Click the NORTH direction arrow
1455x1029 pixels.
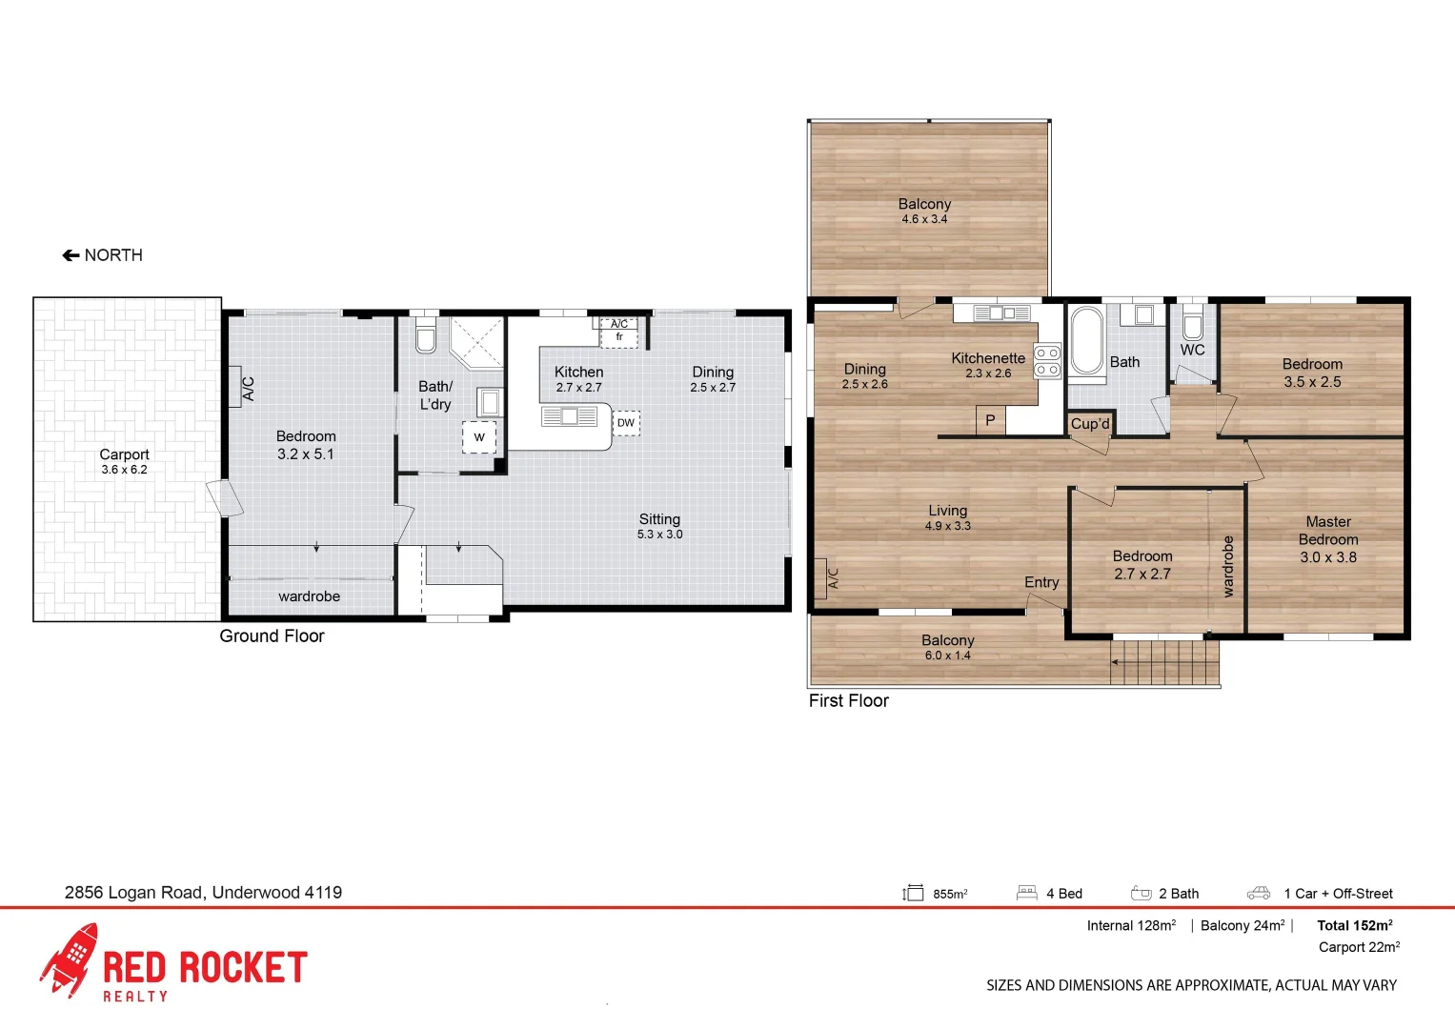71,255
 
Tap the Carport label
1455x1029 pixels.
124,454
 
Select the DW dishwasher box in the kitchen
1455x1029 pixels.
626,423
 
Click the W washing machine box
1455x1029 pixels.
479,437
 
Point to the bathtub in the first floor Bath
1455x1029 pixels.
1086,340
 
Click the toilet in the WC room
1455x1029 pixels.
1192,326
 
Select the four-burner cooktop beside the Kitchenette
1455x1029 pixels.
1047,361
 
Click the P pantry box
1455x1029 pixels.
990,420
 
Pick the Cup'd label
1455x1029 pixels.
1090,424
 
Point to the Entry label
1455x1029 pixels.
1041,582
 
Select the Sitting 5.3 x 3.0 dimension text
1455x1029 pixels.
659,535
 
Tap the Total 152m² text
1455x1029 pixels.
1354,925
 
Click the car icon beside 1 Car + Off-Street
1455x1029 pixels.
1259,894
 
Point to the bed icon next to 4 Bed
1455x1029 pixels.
1026,893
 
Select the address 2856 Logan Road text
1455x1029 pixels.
203,893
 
